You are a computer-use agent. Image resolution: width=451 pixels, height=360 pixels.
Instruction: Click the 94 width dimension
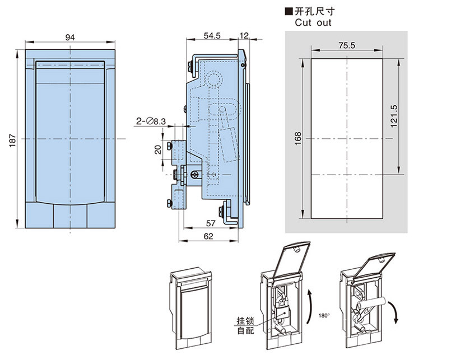click(70, 37)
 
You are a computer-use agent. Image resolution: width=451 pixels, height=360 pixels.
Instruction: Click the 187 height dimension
click(12, 139)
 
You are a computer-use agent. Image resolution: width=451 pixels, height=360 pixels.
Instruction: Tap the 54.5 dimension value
click(212, 35)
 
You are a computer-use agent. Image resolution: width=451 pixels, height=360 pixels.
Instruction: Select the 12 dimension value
click(244, 35)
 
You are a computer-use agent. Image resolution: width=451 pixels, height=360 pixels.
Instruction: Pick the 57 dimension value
click(211, 223)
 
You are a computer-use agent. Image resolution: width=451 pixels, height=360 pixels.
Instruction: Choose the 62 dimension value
click(209, 237)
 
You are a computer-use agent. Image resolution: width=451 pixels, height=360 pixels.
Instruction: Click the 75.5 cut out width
click(347, 46)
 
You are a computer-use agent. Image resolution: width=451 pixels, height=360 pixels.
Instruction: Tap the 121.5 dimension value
click(393, 115)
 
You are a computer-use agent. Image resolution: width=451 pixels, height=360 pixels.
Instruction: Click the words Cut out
click(313, 23)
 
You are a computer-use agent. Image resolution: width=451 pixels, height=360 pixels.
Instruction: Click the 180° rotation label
click(324, 316)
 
